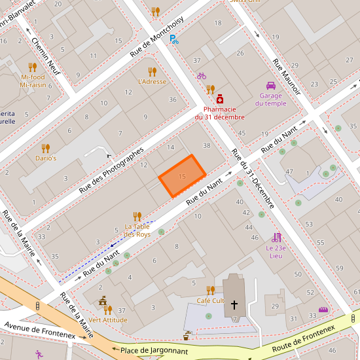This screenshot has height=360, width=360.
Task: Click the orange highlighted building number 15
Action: pos(182,176)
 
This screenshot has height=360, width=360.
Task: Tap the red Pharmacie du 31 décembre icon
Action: pos(219,98)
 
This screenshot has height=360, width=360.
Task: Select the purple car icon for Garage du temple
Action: pos(270,86)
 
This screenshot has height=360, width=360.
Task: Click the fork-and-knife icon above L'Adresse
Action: pos(152,71)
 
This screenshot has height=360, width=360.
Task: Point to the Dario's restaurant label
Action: pos(46,158)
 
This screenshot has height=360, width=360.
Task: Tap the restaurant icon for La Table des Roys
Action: pos(137,216)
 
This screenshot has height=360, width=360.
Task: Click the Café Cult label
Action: pos(210,300)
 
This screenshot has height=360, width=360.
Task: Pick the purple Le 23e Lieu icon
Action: pos(276,238)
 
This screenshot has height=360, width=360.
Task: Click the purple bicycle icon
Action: pos(202,75)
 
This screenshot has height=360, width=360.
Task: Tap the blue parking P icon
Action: pos(173,39)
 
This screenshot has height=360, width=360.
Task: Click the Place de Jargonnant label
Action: pos(154,351)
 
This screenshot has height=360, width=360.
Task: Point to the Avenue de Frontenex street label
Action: pos(39,331)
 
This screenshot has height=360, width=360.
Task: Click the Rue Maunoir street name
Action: pos(286,77)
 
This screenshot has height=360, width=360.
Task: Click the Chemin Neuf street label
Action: pos(46,56)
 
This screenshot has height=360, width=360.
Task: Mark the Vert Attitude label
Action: pos(107,320)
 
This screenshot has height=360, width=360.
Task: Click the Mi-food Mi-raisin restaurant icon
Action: pos(33,67)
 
